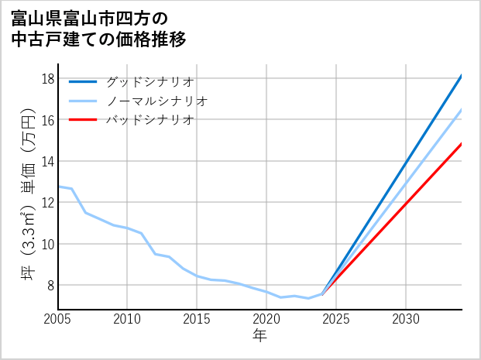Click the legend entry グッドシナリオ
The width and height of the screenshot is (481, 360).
point(149,81)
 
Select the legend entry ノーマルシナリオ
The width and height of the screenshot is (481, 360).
point(156,101)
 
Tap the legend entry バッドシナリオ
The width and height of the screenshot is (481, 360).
point(149,120)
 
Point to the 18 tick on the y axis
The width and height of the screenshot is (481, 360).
point(46,79)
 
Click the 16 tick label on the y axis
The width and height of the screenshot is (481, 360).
point(46,120)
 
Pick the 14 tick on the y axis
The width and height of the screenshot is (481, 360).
point(46,161)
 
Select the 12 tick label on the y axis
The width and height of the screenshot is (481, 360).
point(46,203)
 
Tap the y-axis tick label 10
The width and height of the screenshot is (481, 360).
point(46,244)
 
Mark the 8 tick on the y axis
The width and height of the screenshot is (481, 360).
point(50,285)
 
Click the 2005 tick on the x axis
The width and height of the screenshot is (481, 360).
point(58,319)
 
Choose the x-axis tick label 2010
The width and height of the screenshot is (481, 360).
point(128,319)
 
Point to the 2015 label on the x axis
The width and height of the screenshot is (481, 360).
point(198,319)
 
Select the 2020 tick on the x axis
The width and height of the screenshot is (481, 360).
point(266,319)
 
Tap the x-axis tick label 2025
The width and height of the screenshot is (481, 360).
point(336,319)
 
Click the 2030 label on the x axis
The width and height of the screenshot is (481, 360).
point(406,319)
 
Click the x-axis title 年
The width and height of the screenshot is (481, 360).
point(259,336)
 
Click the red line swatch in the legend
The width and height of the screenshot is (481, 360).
point(83,120)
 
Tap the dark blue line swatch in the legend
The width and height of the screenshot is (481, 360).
point(83,81)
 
